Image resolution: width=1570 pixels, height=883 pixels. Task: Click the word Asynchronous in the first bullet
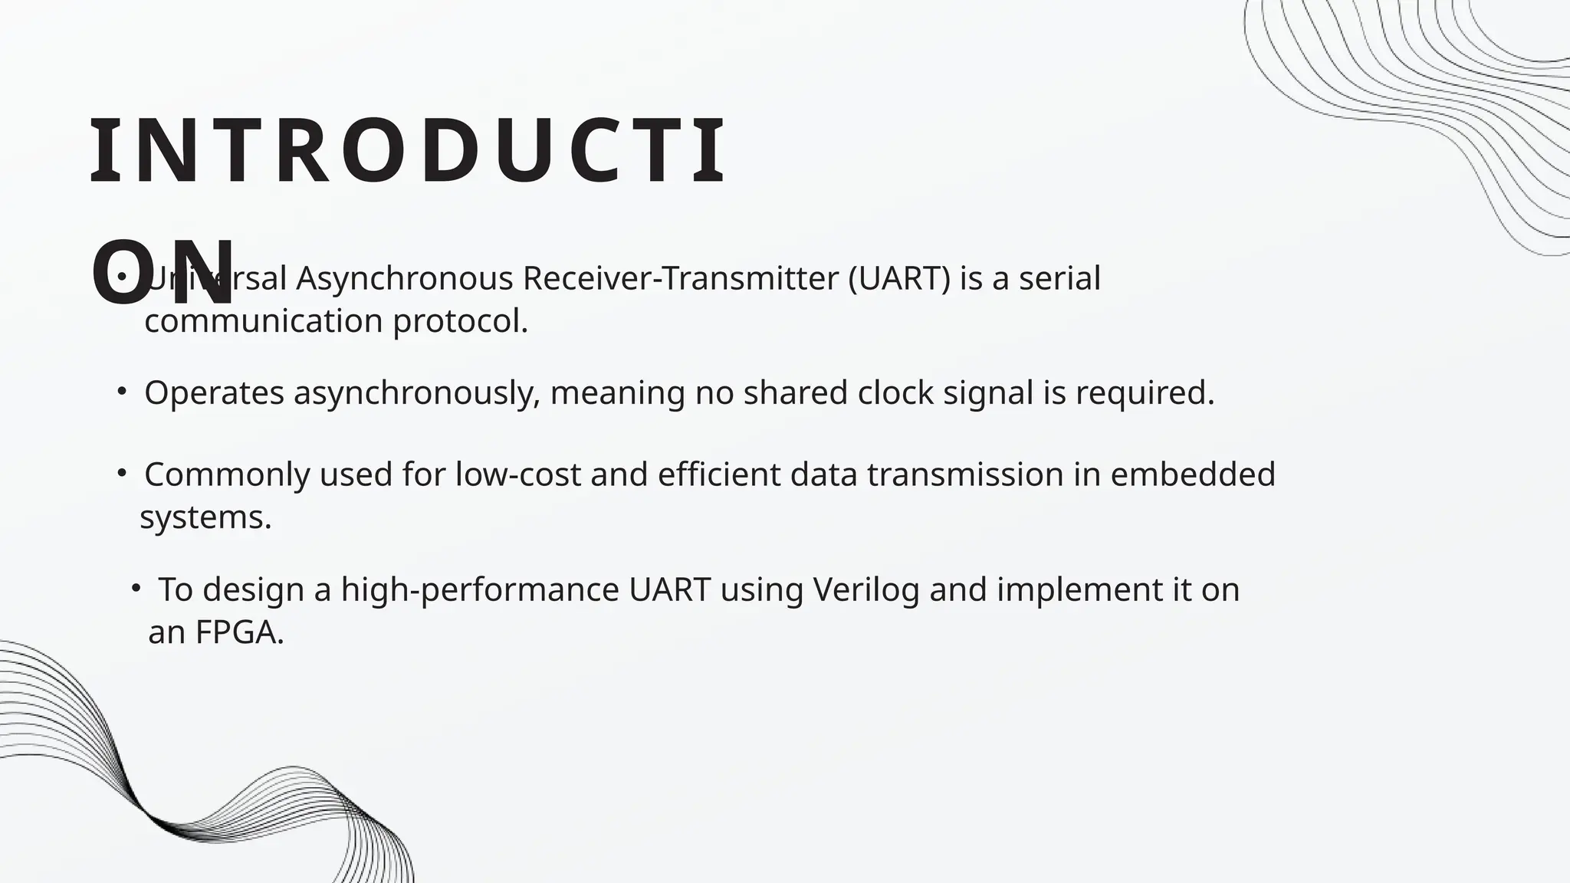coord(404,279)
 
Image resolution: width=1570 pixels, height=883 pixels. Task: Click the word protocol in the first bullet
coord(460,322)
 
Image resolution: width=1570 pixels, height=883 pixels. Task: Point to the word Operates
coord(214,394)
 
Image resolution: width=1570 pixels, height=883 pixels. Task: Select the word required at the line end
coord(1145,394)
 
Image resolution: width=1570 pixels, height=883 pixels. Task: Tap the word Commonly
coord(226,475)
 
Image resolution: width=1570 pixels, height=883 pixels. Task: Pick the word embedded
coord(1192,475)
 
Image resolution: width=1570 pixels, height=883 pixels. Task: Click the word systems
coord(205,518)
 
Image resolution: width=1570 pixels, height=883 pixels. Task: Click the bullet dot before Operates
coord(121,392)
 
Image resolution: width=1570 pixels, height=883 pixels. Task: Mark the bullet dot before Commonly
coord(121,474)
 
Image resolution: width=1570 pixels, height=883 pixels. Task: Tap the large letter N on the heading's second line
coord(203,272)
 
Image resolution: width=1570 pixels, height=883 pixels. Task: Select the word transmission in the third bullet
coord(964,475)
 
